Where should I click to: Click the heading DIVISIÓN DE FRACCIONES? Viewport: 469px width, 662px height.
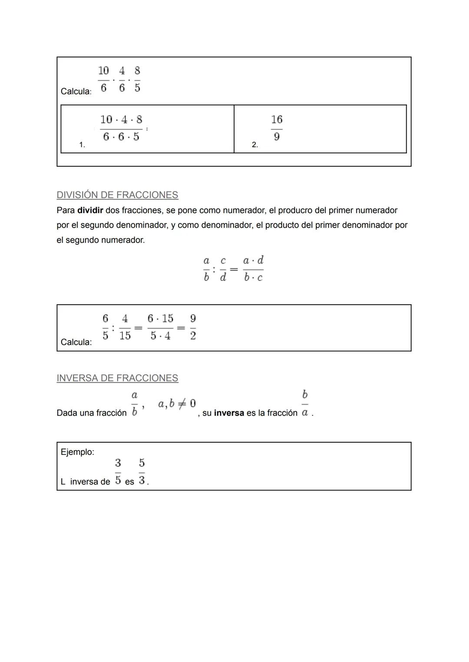click(117, 195)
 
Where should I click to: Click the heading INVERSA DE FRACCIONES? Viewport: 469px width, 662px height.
click(117, 378)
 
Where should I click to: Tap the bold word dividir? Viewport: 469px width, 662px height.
click(90, 211)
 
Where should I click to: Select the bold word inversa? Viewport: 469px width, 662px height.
click(229, 413)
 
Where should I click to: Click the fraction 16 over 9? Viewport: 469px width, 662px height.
click(277, 128)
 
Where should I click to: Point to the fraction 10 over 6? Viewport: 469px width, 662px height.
click(103, 79)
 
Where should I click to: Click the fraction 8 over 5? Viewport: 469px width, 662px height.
click(137, 79)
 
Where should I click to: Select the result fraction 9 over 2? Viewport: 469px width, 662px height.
click(193, 327)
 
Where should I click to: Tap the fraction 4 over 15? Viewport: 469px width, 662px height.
click(125, 327)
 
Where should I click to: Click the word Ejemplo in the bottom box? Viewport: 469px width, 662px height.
click(77, 452)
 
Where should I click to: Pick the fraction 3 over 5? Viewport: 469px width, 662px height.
click(118, 471)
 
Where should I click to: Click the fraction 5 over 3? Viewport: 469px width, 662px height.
click(142, 471)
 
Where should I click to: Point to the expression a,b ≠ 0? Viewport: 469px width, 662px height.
click(176, 404)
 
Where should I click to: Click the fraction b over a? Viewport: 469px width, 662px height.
click(305, 403)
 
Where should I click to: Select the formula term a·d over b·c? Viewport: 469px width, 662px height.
click(253, 269)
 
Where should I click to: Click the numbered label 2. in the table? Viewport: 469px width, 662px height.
click(255, 145)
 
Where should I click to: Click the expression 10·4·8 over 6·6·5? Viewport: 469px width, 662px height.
click(121, 128)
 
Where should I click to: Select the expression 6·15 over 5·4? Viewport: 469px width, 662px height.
click(160, 327)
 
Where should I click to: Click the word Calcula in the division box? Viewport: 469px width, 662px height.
click(76, 342)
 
